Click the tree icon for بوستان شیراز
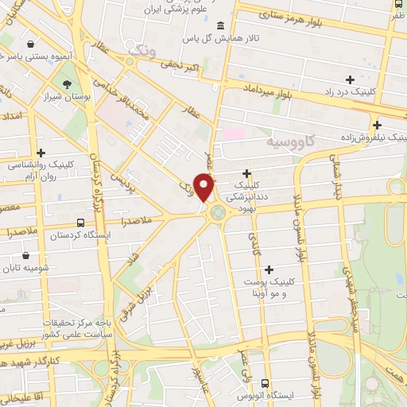click(x=67, y=84)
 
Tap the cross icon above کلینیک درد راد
click(x=350, y=79)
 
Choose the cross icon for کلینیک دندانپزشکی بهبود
click(x=247, y=172)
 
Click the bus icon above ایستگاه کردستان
click(x=80, y=223)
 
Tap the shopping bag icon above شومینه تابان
click(x=26, y=256)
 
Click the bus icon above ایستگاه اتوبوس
click(x=265, y=382)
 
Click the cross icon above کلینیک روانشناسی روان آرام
click(x=41, y=152)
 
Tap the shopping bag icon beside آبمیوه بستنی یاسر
click(x=30, y=44)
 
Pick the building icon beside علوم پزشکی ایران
click(x=220, y=25)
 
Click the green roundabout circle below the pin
click(x=215, y=212)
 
